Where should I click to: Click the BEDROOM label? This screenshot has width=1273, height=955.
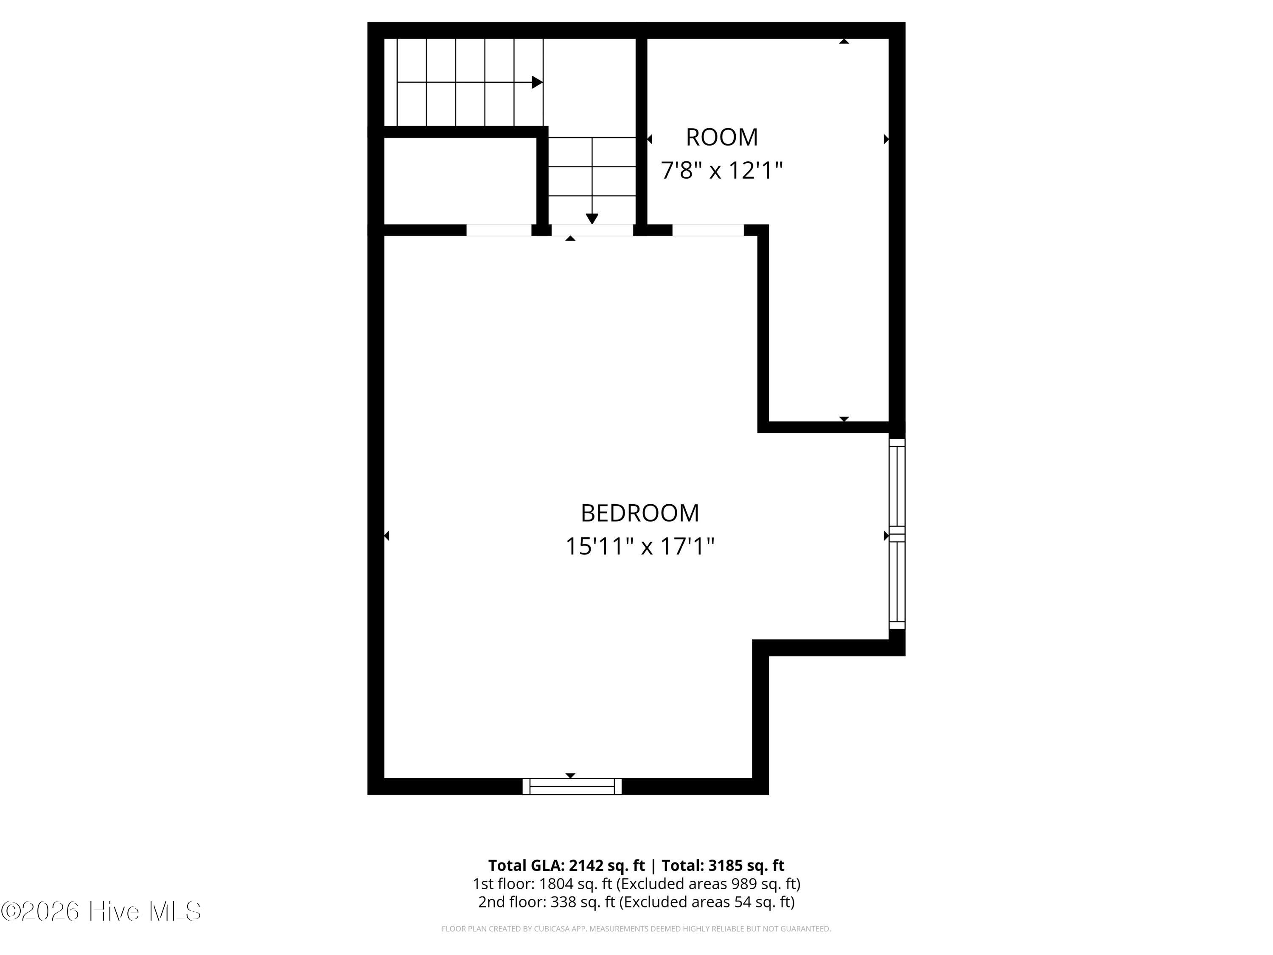pos(639,513)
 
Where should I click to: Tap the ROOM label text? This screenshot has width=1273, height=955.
pos(722,137)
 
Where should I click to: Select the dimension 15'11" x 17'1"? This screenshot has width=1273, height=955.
pos(639,546)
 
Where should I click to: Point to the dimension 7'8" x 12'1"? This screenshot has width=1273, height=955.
pos(722,170)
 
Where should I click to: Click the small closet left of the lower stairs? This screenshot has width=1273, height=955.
pos(460,181)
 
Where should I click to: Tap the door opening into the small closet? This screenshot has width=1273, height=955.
pos(499,230)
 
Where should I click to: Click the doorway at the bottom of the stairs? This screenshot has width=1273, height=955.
pos(592,230)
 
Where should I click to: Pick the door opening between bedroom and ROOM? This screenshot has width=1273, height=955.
pos(708,230)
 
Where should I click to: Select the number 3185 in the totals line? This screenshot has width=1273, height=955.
pos(727,865)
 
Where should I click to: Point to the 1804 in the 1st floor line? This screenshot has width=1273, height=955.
pos(556,884)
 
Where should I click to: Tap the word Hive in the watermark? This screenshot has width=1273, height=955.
pos(115,911)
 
